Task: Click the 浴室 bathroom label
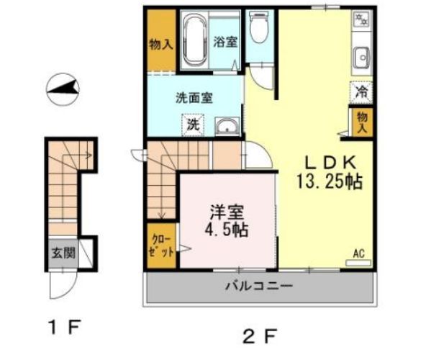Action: coord(224,42)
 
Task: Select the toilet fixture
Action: coord(258,29)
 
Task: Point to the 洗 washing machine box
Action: coord(192,124)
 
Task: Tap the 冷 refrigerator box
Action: coord(362,92)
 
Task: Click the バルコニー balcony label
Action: coord(259,286)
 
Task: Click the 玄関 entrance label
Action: coord(63,253)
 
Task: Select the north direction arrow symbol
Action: coord(63,89)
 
